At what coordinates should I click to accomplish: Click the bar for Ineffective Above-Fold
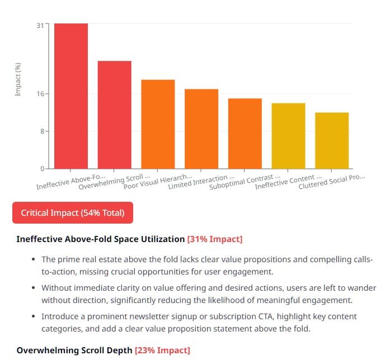pyautogui.click(x=71, y=96)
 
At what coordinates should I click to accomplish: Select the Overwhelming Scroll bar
pyautogui.click(x=115, y=115)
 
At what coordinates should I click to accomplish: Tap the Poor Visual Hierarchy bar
pyautogui.click(x=158, y=124)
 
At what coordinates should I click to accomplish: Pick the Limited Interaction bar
pyautogui.click(x=201, y=129)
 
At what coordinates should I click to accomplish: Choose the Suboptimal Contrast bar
pyautogui.click(x=245, y=134)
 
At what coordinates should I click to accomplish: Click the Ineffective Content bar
pyautogui.click(x=288, y=136)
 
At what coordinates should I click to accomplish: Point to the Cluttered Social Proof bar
pyautogui.click(x=332, y=140)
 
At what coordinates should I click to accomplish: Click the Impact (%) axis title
pyautogui.click(x=18, y=79)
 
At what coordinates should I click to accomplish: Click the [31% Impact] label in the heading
pyautogui.click(x=215, y=239)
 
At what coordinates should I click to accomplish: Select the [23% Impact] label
pyautogui.click(x=162, y=350)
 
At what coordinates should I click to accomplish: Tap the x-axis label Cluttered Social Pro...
pyautogui.click(x=331, y=181)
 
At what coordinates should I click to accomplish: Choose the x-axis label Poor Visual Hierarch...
pyautogui.click(x=158, y=181)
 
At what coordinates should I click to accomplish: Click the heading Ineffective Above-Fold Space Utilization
pyautogui.click(x=101, y=239)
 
